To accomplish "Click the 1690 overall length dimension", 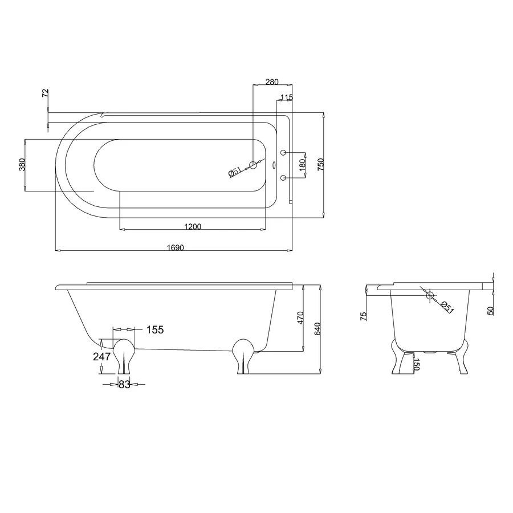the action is pos(176,248).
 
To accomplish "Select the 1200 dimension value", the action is pos(193,226).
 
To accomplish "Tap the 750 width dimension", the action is pos(320,164).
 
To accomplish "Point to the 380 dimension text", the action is pos(22,165).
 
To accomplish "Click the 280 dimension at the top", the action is pos(272,82).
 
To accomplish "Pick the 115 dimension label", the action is pos(287,97).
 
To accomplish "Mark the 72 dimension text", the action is pos(46,93).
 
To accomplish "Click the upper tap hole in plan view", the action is pos(283,152).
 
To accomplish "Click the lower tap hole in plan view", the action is pos(283,177).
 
